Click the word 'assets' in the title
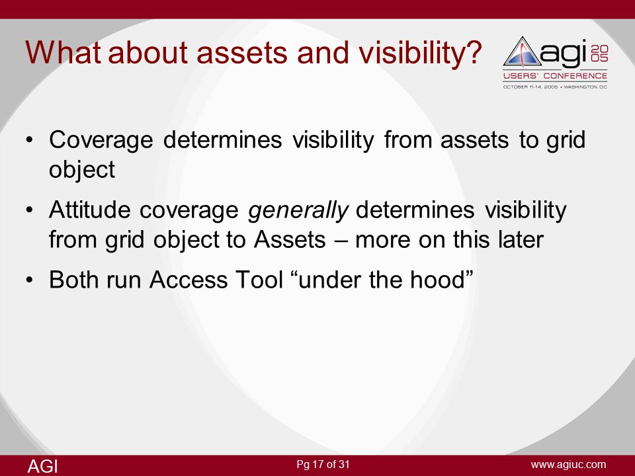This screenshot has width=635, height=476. (242, 53)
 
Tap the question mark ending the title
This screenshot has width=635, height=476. (472, 52)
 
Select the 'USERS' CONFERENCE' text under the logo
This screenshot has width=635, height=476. (555, 76)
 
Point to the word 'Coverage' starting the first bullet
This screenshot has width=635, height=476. (101, 140)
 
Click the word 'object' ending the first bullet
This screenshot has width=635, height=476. (82, 170)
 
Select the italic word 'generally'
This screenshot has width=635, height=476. (298, 211)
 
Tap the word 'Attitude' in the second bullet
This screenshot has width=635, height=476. (89, 210)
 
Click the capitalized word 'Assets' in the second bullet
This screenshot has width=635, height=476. (290, 239)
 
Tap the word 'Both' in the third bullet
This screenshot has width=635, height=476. (75, 280)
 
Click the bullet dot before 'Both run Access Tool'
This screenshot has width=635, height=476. (29, 280)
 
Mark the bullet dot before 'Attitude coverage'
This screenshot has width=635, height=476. (29, 210)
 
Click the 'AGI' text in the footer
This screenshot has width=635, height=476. (42, 466)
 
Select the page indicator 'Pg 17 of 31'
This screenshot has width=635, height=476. (323, 464)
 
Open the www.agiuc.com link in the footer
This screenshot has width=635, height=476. (569, 465)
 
